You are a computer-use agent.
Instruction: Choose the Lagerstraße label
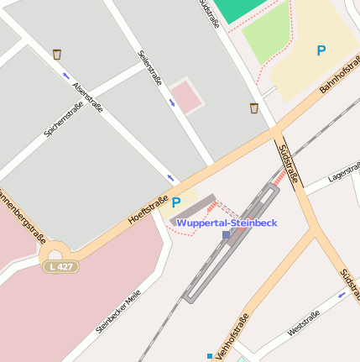point(343,173)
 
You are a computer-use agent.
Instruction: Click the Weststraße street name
point(303,323)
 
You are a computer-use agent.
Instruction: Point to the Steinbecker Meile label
point(118,312)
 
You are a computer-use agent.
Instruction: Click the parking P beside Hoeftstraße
point(176,202)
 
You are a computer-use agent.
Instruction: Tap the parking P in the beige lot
point(321,50)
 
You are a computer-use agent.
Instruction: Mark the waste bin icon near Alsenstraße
point(57,55)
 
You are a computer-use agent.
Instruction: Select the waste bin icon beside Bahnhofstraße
point(253,108)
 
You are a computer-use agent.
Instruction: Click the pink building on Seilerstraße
point(187,96)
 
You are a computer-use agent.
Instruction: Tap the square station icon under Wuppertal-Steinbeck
point(226,235)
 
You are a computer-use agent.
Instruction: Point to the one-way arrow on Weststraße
point(342,295)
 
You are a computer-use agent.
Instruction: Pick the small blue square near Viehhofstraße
point(210,355)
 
